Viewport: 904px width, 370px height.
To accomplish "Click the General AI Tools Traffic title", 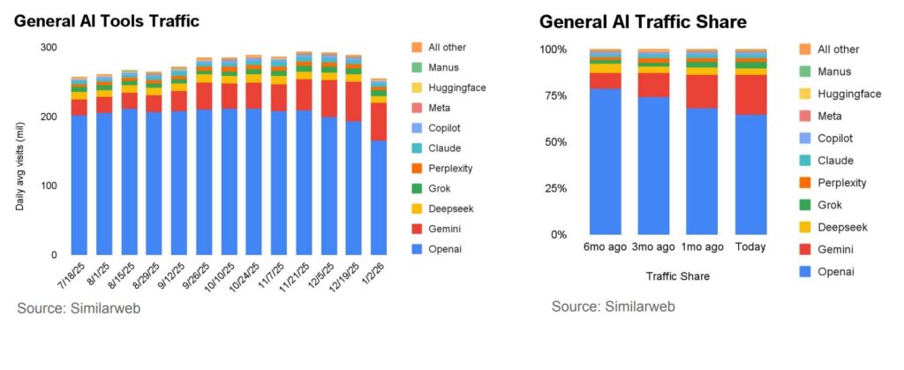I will click(106, 19).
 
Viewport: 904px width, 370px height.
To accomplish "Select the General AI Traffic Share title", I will click(644, 21).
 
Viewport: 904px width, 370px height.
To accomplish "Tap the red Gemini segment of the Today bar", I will click(750, 95).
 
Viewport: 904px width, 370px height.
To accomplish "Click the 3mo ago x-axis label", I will click(653, 247).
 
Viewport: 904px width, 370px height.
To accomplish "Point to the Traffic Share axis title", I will click(678, 276).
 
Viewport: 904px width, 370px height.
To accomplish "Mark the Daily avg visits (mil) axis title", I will click(20, 169).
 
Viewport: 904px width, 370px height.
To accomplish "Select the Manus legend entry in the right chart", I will click(833, 72).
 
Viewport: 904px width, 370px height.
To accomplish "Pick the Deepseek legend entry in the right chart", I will click(841, 227).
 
